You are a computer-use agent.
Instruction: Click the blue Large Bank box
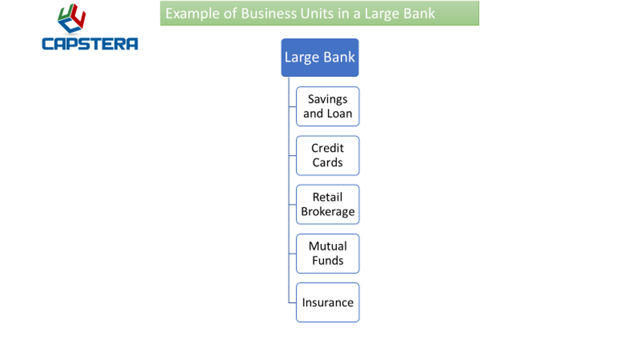[320, 57]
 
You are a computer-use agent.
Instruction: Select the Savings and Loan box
[328, 106]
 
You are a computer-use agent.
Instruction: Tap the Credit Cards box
[328, 155]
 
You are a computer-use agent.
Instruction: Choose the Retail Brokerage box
[328, 205]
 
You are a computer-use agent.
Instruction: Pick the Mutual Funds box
[328, 254]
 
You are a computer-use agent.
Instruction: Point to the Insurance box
[328, 303]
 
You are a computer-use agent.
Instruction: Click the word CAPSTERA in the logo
[90, 44]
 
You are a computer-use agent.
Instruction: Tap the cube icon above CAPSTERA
[72, 19]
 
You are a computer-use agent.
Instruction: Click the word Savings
[328, 99]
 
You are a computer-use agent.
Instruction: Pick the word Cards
[328, 163]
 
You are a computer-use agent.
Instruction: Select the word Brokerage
[328, 212]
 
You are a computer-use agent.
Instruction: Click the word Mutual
[328, 246]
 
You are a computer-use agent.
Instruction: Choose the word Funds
[328, 261]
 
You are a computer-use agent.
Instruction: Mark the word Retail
[328, 197]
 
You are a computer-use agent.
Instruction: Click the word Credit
[328, 148]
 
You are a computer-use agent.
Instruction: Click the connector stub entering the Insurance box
[292, 303]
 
